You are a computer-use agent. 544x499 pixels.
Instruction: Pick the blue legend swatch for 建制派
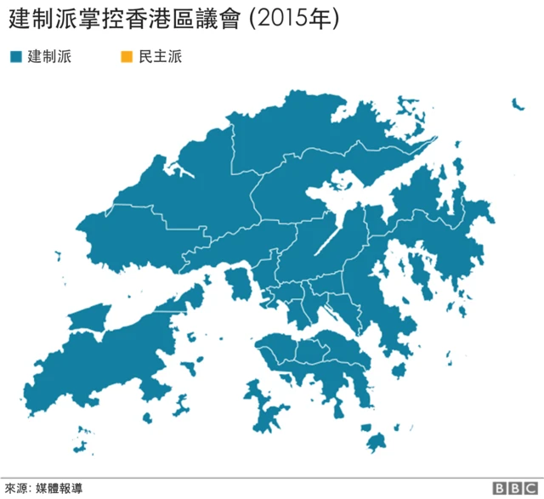click(x=14, y=58)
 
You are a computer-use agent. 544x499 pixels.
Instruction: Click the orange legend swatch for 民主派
click(x=125, y=58)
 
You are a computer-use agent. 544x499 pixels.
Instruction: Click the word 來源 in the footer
click(x=14, y=488)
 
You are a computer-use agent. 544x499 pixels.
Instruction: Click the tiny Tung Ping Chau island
click(x=516, y=104)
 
